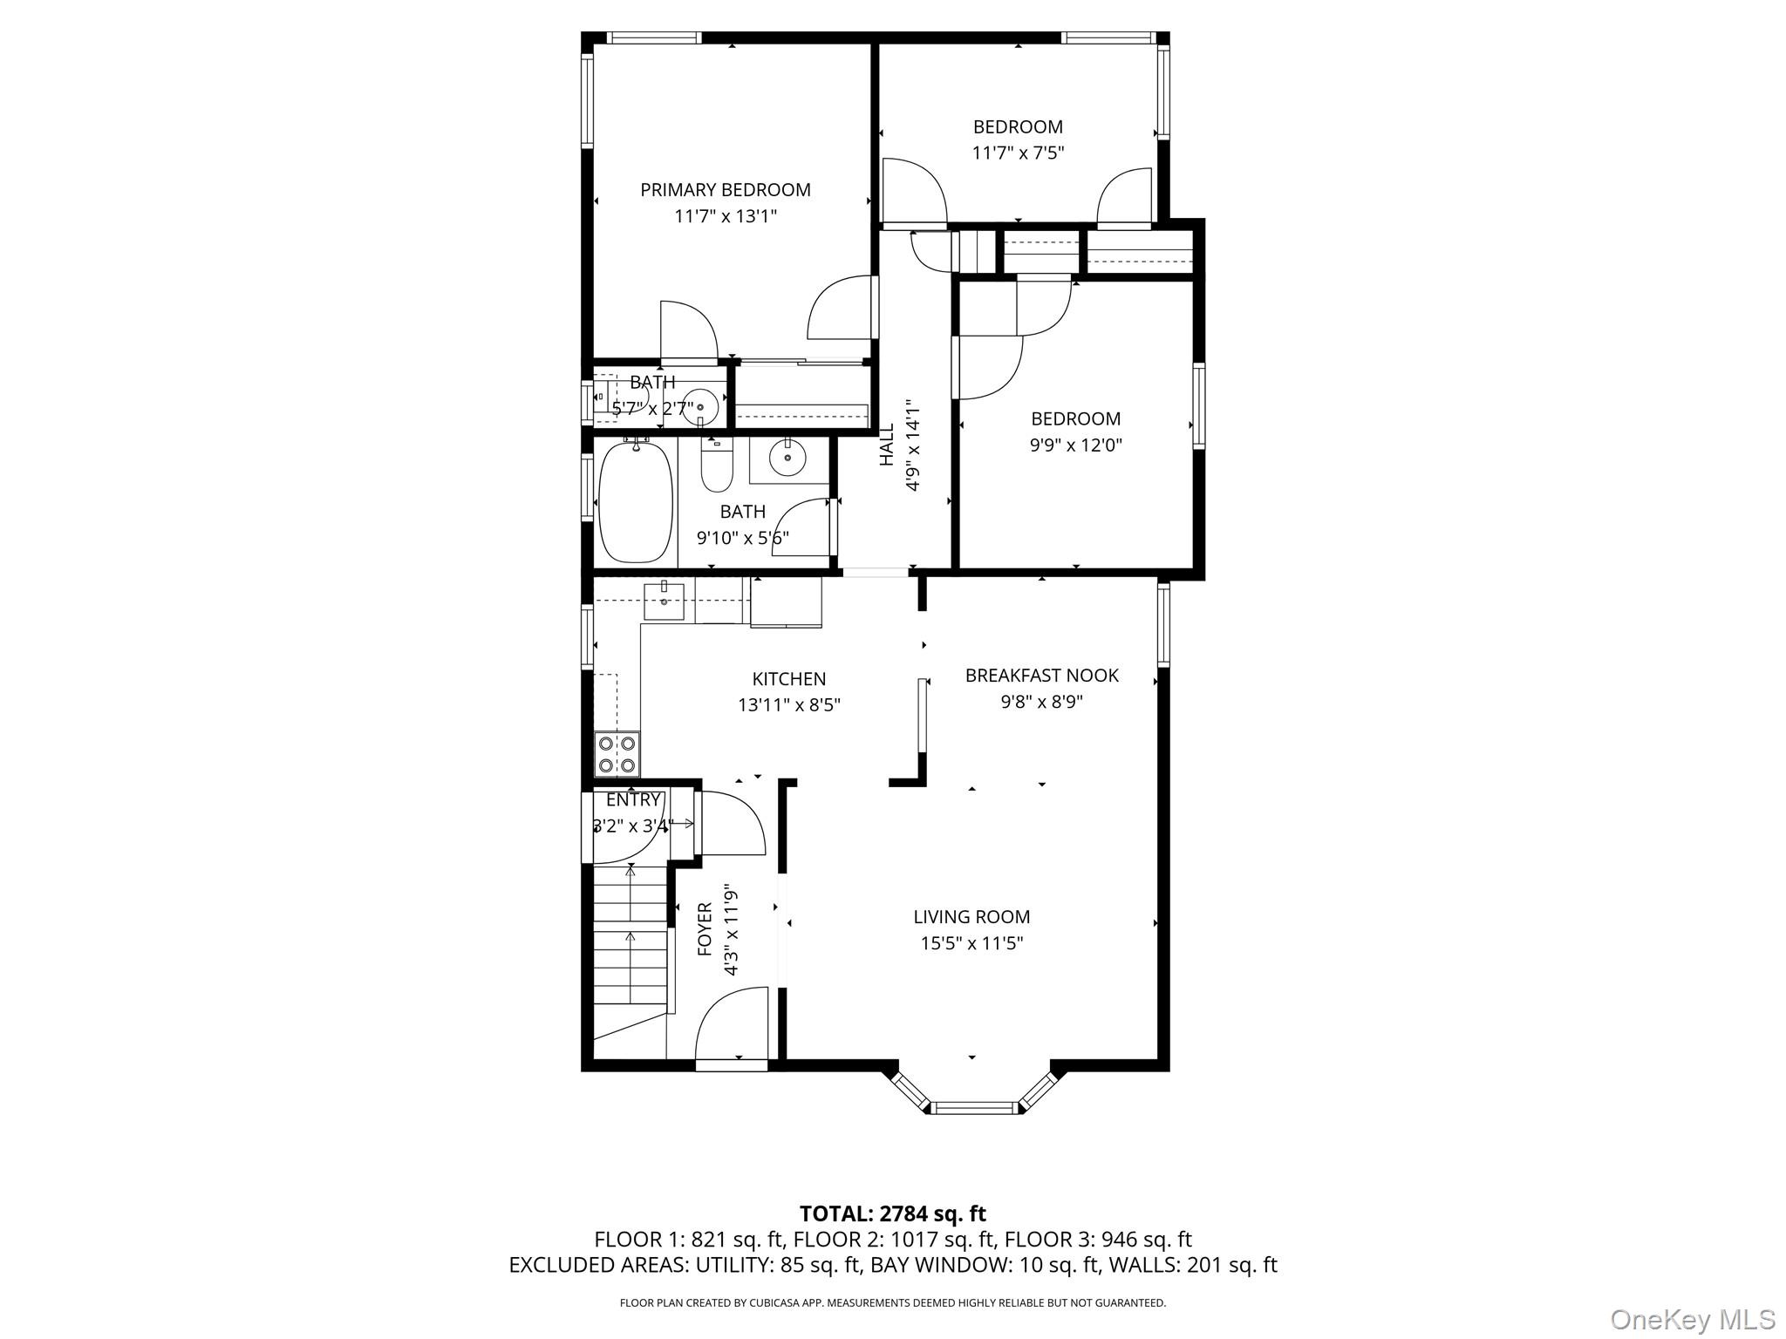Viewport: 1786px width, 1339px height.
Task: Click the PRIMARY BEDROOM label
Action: [725, 190]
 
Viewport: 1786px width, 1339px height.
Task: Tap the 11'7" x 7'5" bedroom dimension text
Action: [1018, 153]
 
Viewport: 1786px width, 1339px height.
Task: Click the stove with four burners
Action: [616, 755]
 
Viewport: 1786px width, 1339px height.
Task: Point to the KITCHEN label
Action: [788, 679]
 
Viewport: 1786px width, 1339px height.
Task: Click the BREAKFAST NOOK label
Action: [1041, 676]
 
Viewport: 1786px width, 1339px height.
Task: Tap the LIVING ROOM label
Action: [971, 917]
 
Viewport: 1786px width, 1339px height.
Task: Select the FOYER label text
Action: [705, 929]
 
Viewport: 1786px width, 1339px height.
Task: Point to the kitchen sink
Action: [664, 598]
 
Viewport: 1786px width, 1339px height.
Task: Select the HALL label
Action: [887, 445]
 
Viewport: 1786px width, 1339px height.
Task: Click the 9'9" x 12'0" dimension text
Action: [1075, 445]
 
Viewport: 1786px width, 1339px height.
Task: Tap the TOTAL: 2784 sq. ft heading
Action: [892, 1213]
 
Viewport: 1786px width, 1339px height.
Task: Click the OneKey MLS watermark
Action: [1692, 1320]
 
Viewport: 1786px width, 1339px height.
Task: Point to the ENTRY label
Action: [632, 800]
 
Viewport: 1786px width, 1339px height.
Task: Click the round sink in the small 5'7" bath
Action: [700, 407]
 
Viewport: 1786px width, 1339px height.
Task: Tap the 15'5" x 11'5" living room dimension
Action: [971, 943]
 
